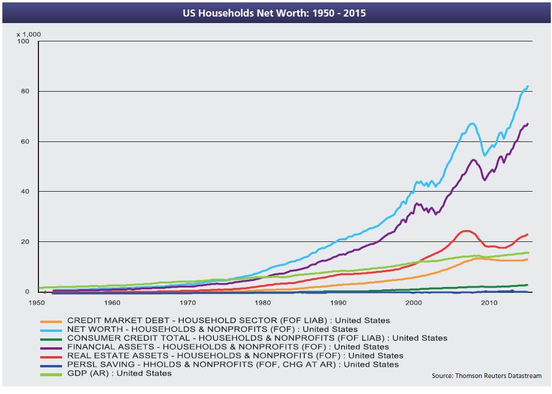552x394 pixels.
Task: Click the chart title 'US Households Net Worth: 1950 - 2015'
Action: (x=275, y=12)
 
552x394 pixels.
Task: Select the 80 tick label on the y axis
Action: (x=24, y=92)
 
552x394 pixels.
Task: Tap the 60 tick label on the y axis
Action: (x=24, y=142)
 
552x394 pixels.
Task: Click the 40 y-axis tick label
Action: (x=24, y=192)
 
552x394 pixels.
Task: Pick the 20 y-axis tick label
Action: (x=24, y=242)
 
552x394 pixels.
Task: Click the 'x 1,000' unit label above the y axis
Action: (x=29, y=34)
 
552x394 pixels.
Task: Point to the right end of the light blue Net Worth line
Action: (x=527, y=86)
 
